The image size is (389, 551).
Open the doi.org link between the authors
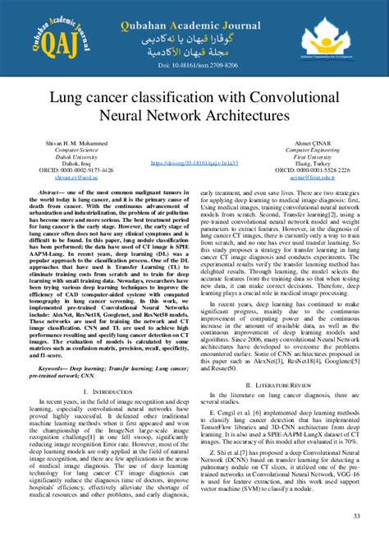coord(195,164)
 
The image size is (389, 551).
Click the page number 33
coord(357,516)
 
